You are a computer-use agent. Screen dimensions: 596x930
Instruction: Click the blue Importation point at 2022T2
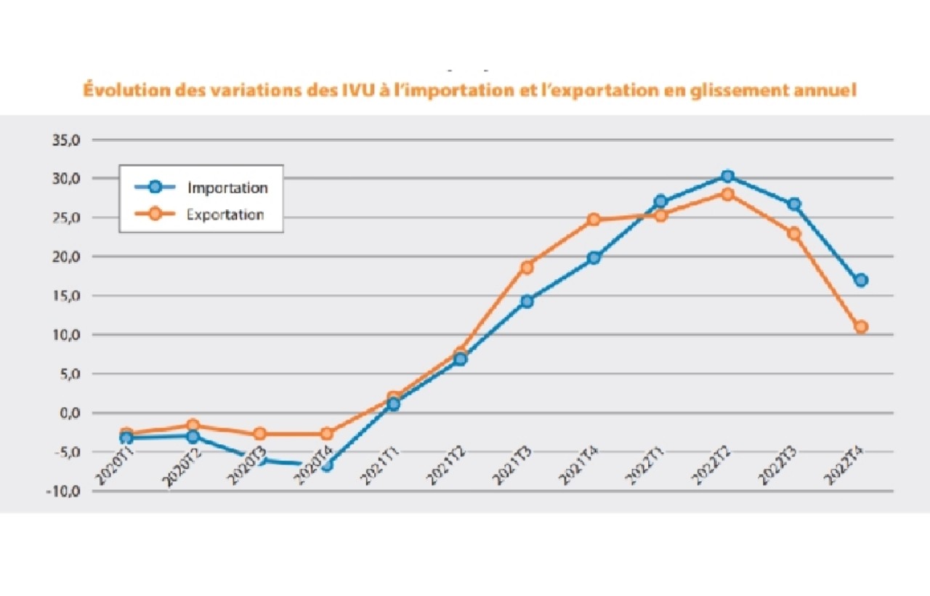click(x=727, y=176)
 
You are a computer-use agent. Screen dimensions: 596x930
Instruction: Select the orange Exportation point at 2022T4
click(x=861, y=327)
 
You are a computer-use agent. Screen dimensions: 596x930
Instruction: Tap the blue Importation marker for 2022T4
click(x=861, y=281)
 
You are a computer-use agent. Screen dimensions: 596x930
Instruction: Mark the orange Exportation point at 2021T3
click(x=527, y=267)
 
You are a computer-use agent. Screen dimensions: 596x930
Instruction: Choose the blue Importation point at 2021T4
click(x=594, y=257)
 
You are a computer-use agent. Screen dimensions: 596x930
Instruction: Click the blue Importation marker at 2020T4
click(x=326, y=465)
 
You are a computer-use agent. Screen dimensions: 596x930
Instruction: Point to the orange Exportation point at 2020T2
click(x=193, y=425)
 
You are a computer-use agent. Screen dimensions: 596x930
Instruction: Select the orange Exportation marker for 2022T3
click(x=794, y=234)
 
